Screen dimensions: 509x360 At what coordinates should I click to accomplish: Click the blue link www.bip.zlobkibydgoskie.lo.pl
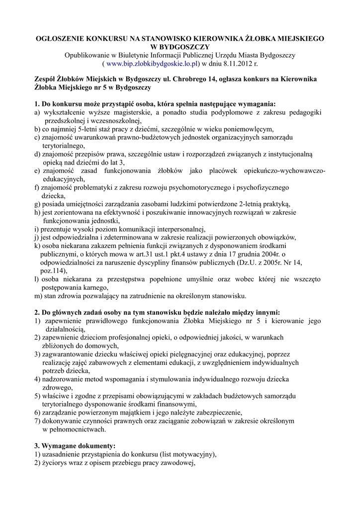point(153,64)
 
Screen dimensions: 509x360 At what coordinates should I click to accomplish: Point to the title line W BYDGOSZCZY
point(180,46)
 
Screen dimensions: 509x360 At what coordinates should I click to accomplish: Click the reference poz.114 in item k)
point(52,271)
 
